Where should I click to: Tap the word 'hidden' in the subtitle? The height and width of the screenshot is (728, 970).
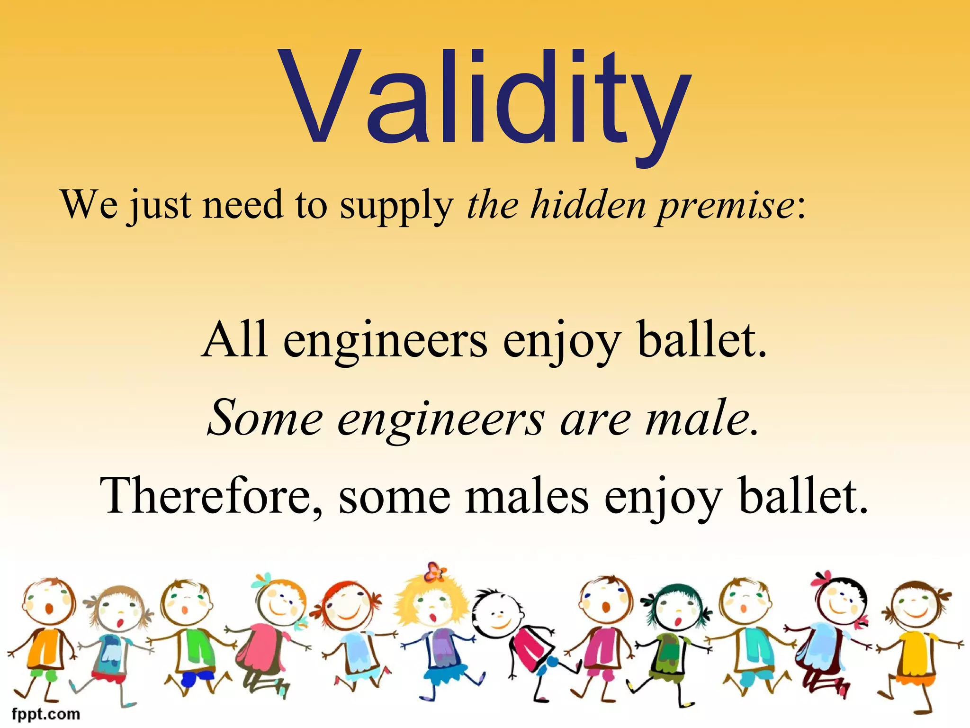click(x=587, y=205)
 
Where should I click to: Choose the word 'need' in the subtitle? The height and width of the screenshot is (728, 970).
click(x=242, y=205)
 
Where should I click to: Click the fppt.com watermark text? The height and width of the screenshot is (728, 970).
click(x=46, y=714)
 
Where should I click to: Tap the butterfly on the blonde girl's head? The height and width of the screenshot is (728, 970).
click(x=434, y=572)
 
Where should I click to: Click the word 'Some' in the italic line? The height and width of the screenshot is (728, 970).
click(x=265, y=418)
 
